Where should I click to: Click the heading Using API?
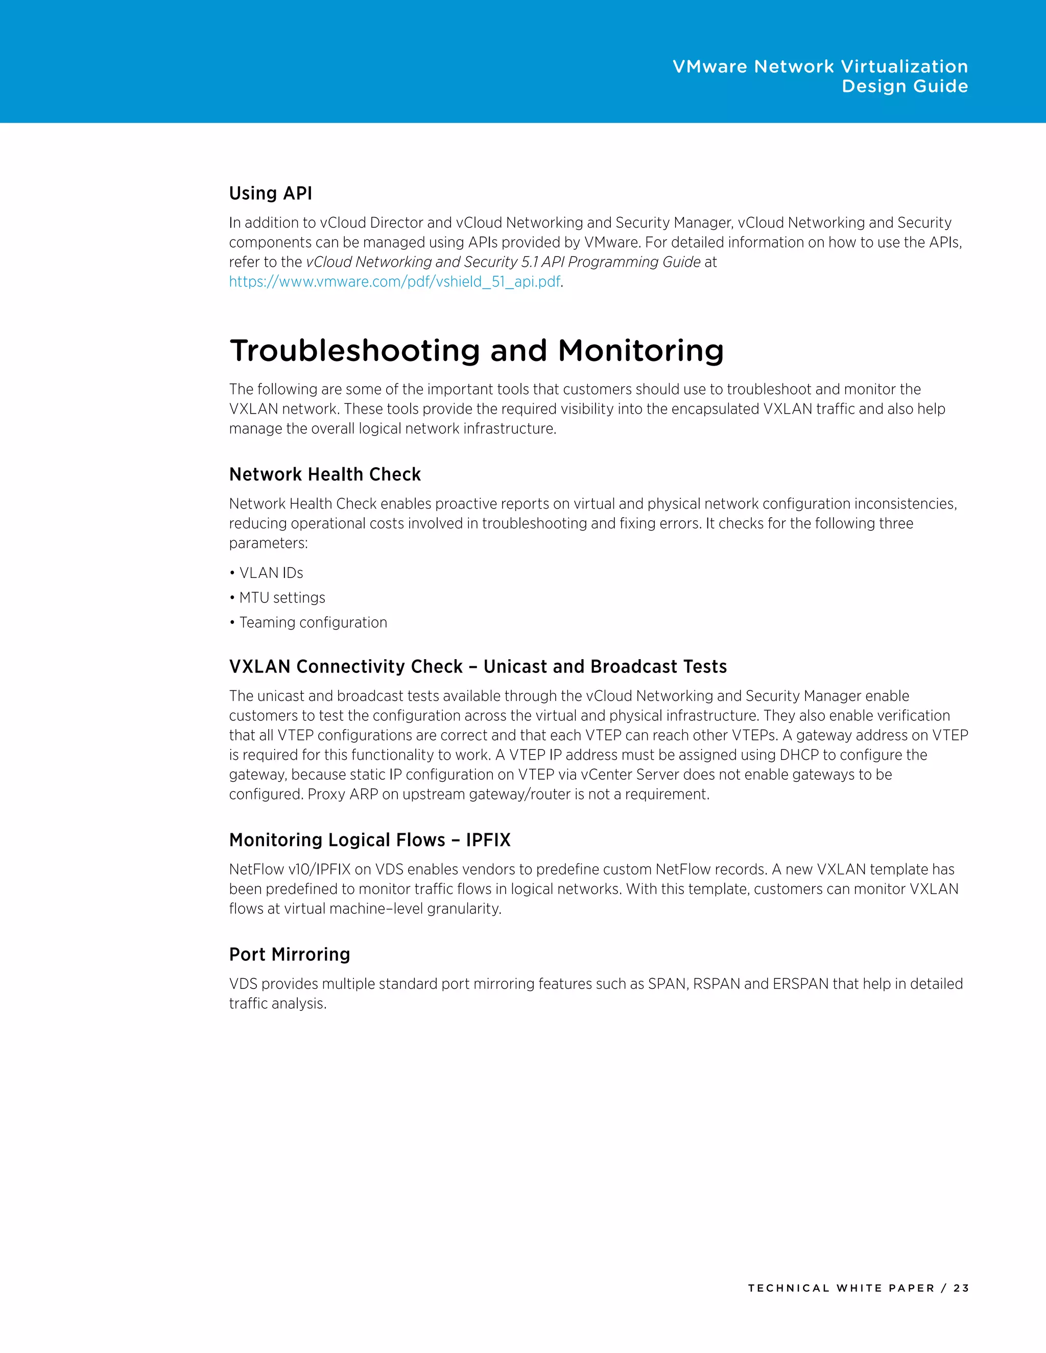[270, 194]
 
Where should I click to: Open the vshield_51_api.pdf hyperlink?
[395, 282]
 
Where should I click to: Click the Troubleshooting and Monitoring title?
[476, 351]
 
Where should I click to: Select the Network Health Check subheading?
[325, 474]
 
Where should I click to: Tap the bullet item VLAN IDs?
[271, 573]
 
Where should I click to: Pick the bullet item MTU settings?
[282, 598]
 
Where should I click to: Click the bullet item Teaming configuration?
[313, 622]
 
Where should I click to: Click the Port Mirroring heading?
[290, 955]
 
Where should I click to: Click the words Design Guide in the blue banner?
[904, 86]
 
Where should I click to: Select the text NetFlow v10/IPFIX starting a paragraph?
[290, 870]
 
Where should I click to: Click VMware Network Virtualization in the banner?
[820, 67]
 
